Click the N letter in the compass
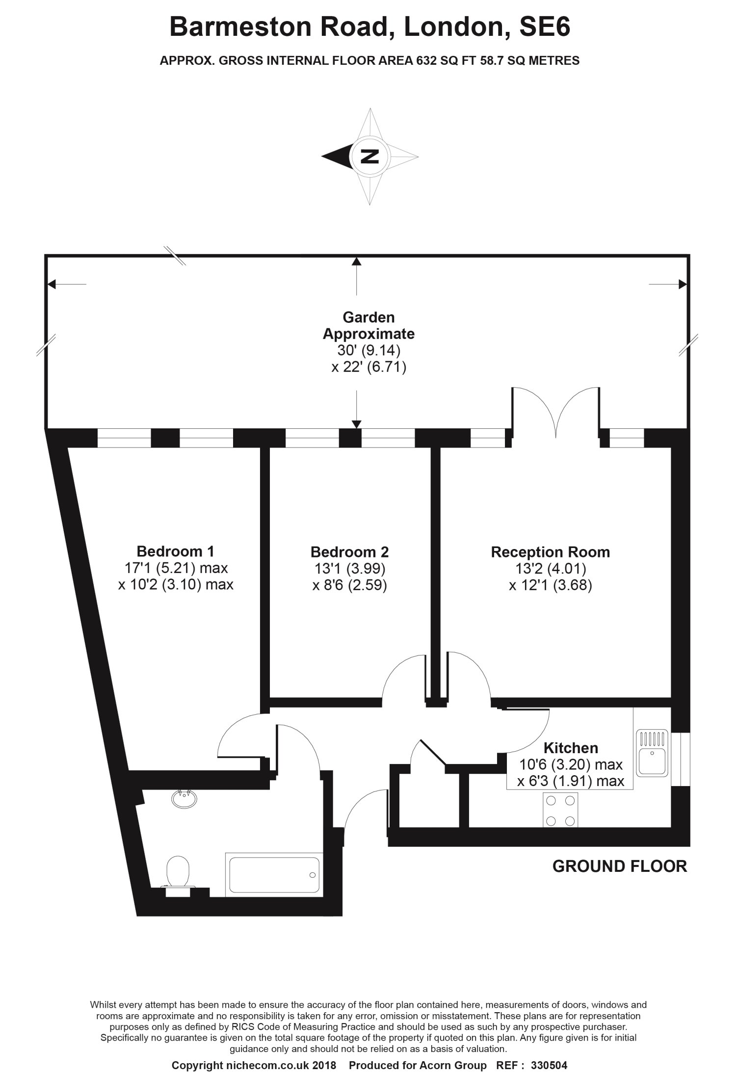click(x=370, y=156)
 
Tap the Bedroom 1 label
click(x=175, y=551)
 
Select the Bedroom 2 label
click(x=349, y=552)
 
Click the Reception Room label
click(x=550, y=552)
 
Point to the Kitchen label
click(x=571, y=748)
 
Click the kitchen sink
click(x=652, y=753)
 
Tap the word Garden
click(x=369, y=317)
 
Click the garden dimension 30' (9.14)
click(x=369, y=350)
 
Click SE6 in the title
click(x=545, y=26)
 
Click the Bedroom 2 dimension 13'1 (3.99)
click(x=350, y=569)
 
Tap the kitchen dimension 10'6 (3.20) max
click(x=571, y=764)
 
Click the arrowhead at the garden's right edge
click(x=683, y=284)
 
